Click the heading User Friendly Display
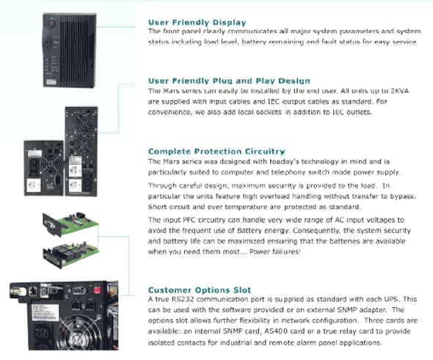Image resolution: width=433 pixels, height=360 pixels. point(197,22)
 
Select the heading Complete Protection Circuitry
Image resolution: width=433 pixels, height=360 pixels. point(216,151)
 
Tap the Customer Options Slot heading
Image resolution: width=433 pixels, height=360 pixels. point(200,289)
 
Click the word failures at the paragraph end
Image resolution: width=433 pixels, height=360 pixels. point(288,251)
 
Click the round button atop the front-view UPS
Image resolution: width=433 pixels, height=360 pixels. point(51,23)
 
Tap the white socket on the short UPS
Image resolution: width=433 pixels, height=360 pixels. point(34,185)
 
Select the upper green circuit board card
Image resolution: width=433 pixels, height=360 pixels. point(70,223)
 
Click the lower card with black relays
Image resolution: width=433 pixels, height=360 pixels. point(70,253)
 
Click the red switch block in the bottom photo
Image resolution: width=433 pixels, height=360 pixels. point(97,289)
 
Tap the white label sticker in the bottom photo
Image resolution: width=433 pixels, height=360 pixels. point(45,312)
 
